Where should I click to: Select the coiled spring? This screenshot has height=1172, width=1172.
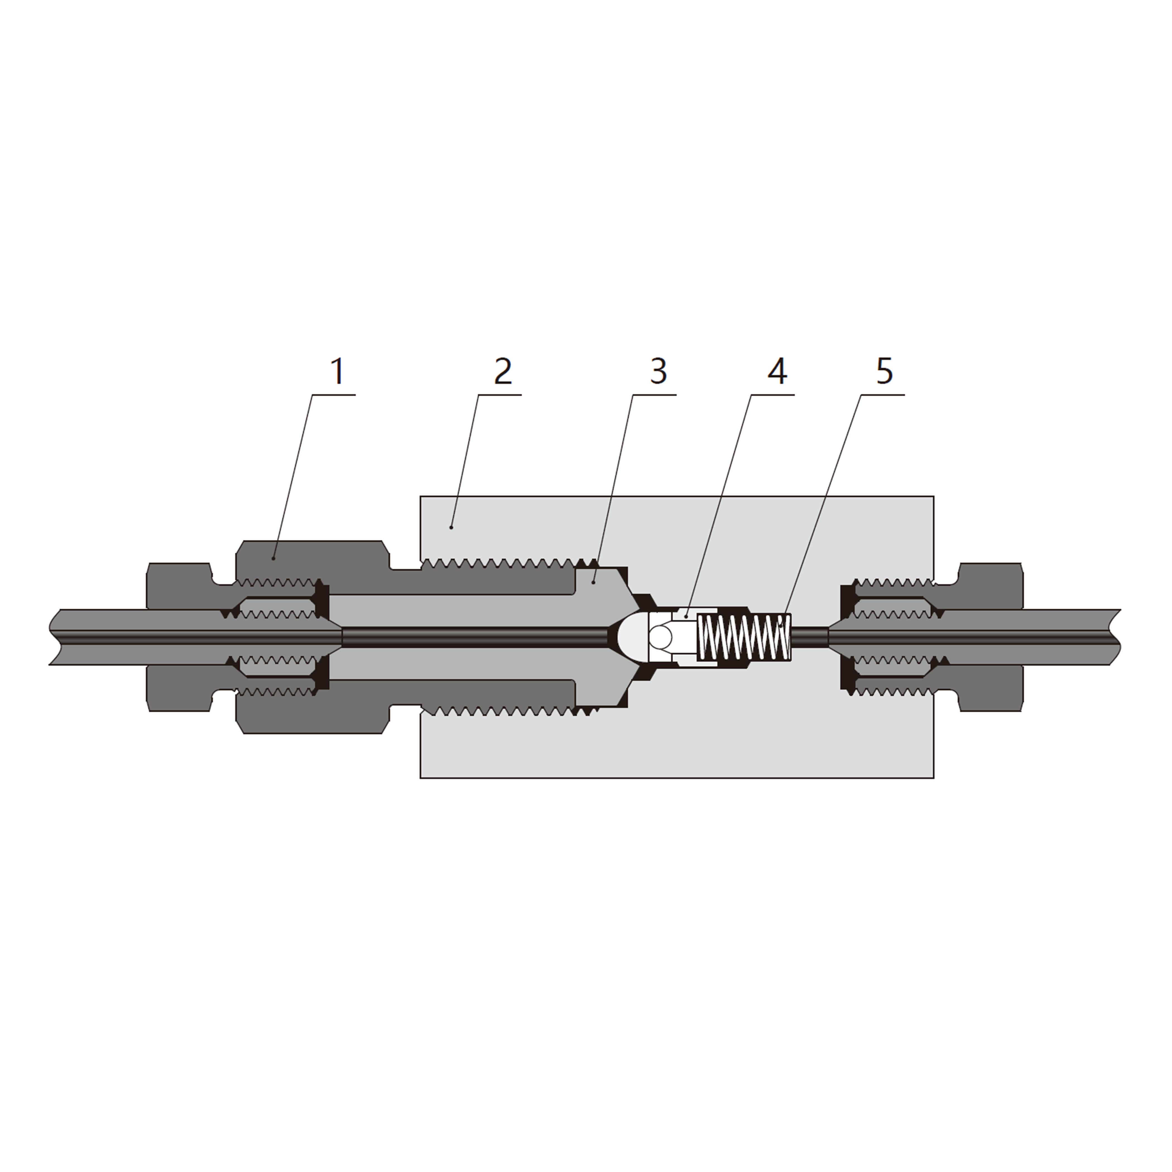(746, 637)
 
